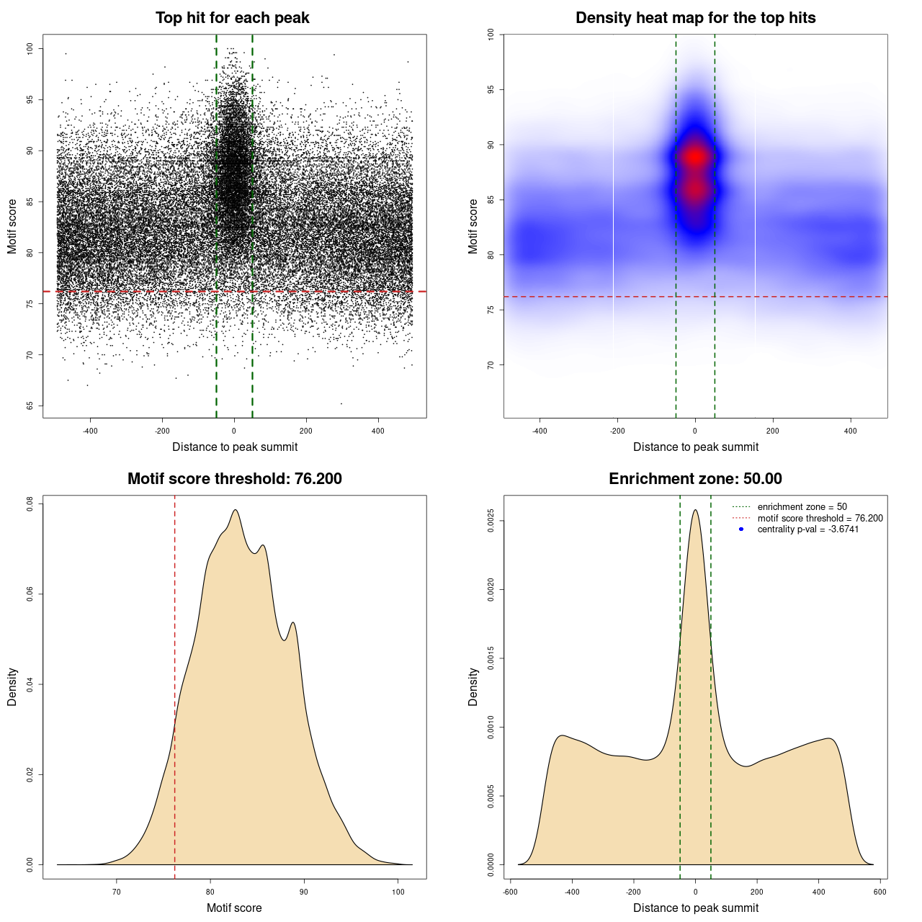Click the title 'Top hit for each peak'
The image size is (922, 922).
[x=232, y=18]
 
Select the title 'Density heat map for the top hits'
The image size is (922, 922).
[x=695, y=18]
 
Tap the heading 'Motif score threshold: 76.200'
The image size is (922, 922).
[x=234, y=479]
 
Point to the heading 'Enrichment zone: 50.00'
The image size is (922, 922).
[x=695, y=479]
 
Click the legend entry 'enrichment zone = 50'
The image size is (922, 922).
[x=802, y=507]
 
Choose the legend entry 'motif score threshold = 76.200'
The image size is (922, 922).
[x=820, y=518]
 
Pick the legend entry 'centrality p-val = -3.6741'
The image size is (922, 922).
[x=807, y=529]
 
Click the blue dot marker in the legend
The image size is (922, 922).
[x=741, y=529]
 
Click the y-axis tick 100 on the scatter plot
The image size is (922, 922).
[x=30, y=48]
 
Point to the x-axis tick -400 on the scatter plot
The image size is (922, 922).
[x=90, y=431]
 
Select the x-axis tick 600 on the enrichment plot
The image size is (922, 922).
[x=880, y=892]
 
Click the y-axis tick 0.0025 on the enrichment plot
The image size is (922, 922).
[x=491, y=521]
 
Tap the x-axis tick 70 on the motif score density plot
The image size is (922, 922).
[x=117, y=892]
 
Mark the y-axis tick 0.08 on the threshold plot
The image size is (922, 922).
[x=30, y=503]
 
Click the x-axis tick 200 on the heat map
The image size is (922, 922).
[x=773, y=431]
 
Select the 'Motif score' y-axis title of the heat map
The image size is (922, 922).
[x=473, y=226]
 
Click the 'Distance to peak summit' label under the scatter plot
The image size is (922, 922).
[x=235, y=447]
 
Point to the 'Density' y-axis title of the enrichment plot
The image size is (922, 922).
[x=473, y=687]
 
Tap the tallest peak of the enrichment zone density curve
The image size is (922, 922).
[x=695, y=511]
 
